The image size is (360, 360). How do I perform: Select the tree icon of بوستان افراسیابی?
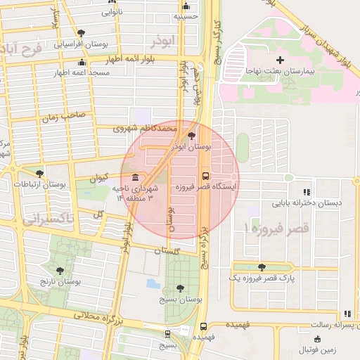[x=82, y=33]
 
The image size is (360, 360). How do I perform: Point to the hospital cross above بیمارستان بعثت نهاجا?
[x=281, y=60]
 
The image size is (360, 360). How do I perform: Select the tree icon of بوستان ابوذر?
[x=192, y=136]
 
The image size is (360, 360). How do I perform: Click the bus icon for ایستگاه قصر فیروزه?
[x=205, y=176]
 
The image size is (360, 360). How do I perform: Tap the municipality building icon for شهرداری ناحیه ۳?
[x=135, y=176]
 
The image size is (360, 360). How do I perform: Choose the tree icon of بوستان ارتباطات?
[x=39, y=173]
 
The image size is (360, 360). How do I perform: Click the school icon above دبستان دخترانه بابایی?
[x=306, y=191]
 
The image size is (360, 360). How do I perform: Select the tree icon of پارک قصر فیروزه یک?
[x=262, y=266]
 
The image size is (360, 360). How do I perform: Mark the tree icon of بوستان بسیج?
[x=181, y=288]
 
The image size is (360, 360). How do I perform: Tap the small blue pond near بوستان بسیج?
[x=153, y=284]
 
